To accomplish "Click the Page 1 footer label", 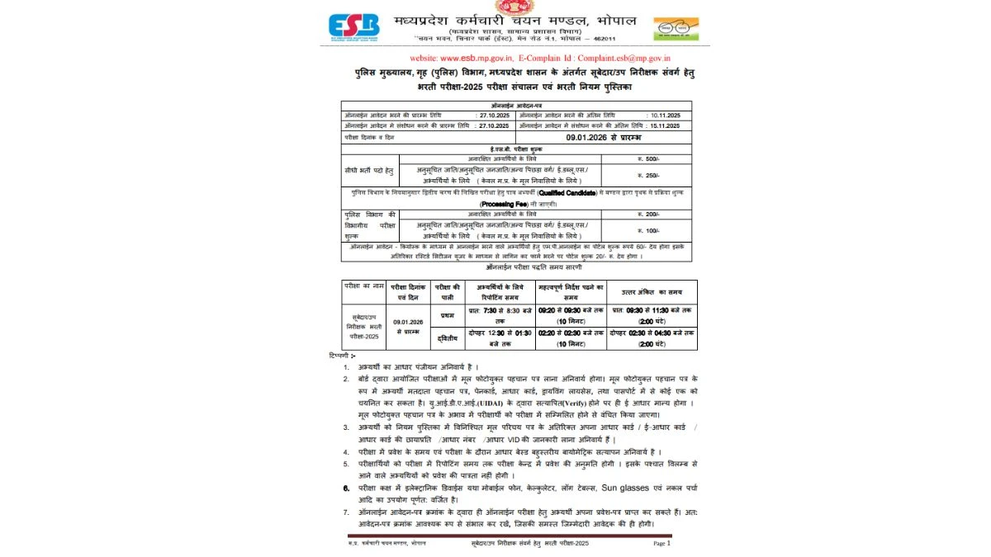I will [661, 544].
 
